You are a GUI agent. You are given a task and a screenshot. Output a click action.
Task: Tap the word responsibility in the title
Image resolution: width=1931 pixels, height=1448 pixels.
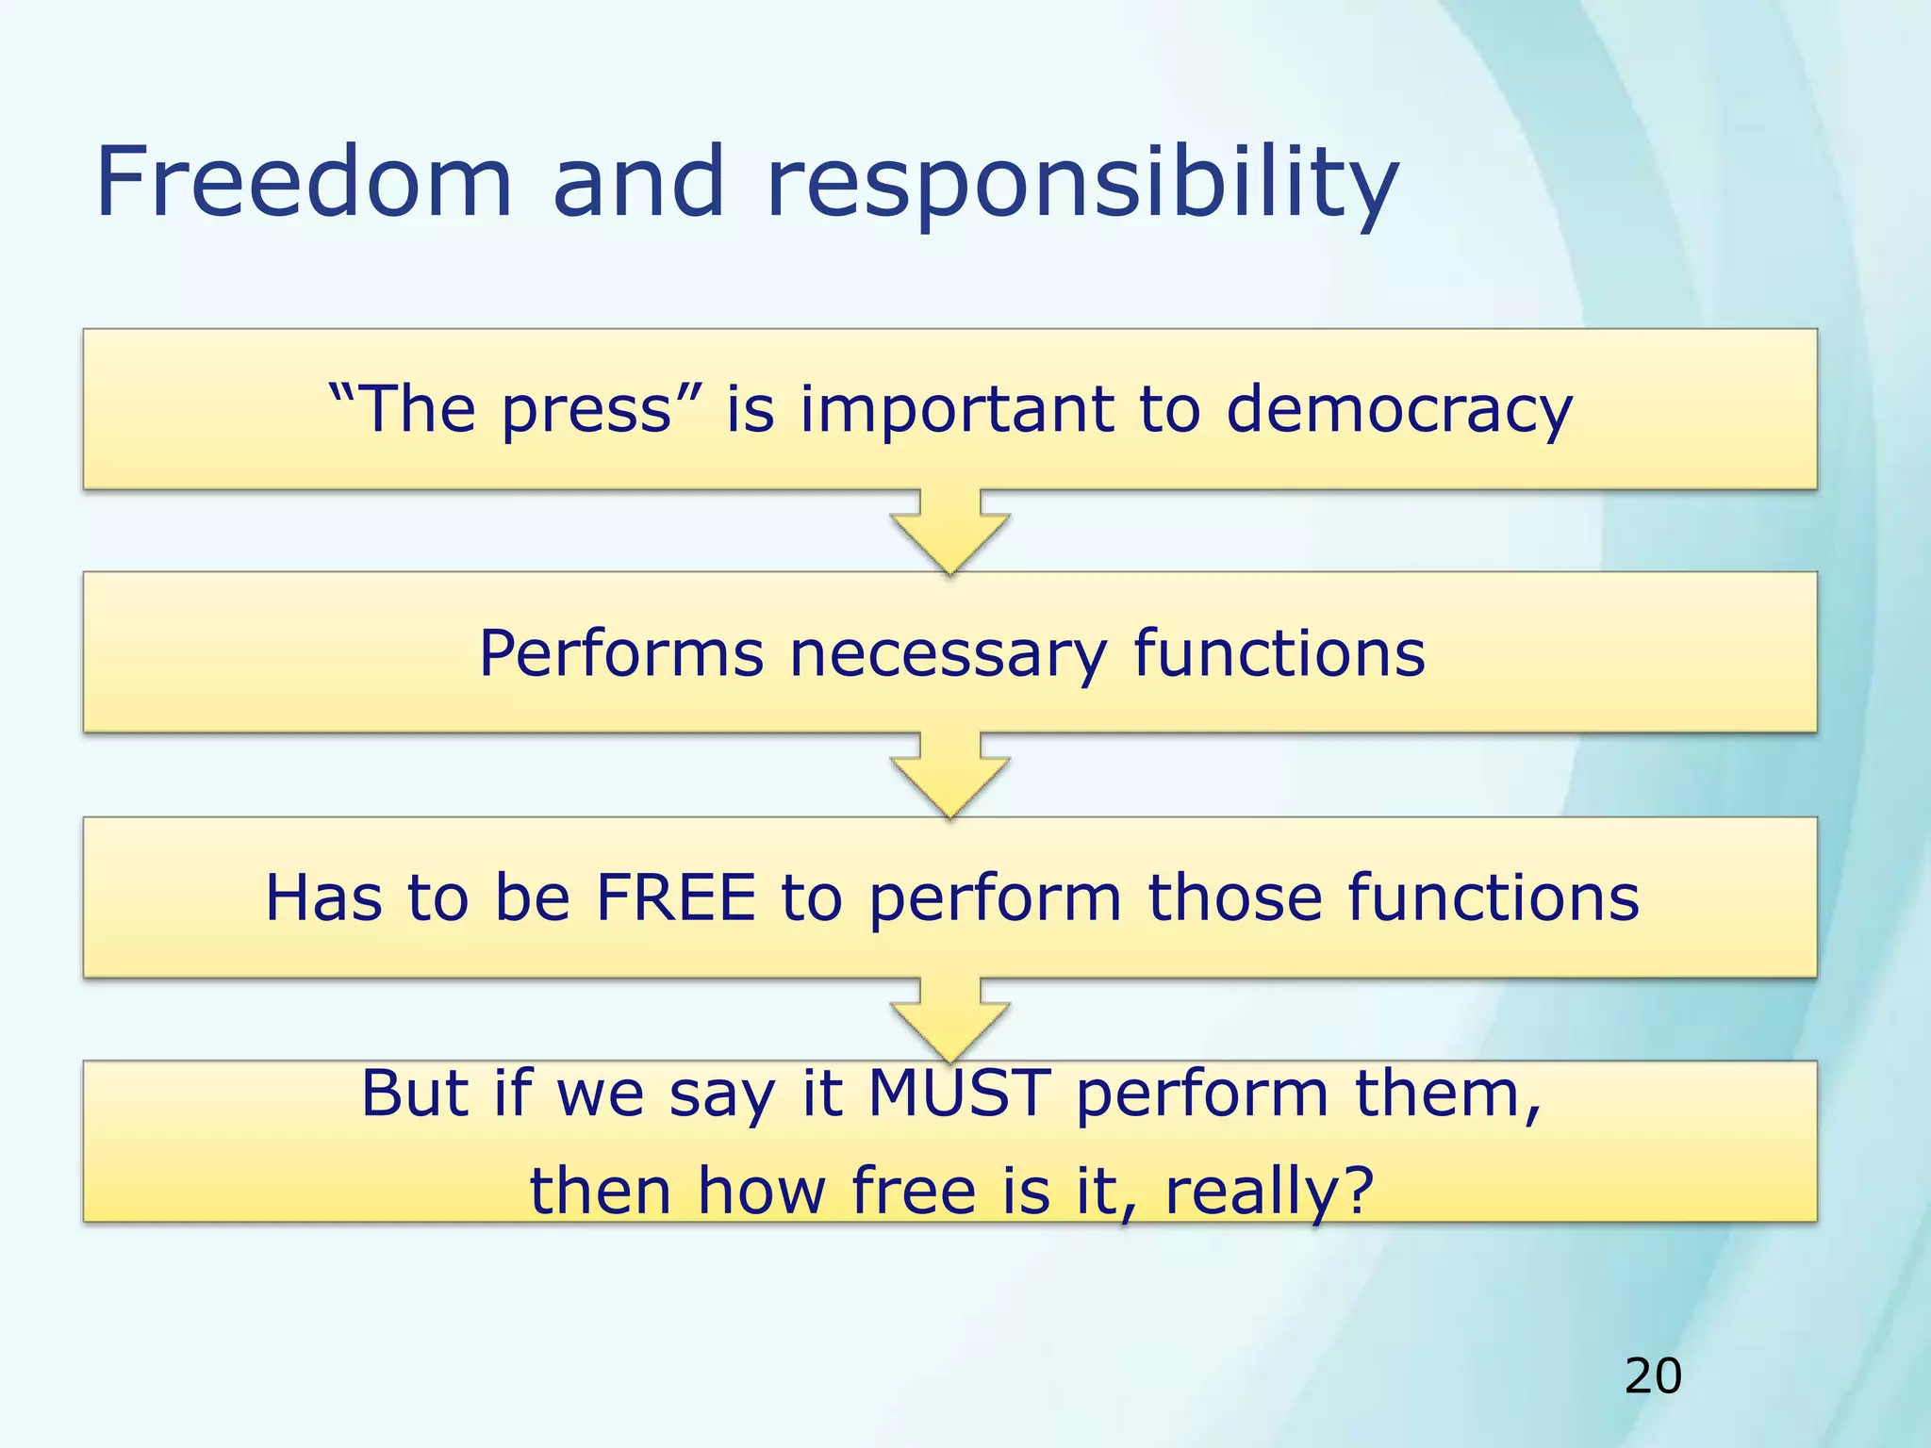(x=1081, y=184)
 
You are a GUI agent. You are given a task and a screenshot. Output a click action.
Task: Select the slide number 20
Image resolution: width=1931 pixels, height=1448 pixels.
(x=1653, y=1376)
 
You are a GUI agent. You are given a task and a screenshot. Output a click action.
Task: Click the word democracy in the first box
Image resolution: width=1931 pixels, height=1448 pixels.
(x=1398, y=410)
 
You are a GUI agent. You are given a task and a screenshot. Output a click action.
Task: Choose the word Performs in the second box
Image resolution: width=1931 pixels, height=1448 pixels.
(x=620, y=654)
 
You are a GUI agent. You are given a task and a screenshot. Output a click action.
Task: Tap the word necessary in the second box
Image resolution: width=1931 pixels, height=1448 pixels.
(x=948, y=654)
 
